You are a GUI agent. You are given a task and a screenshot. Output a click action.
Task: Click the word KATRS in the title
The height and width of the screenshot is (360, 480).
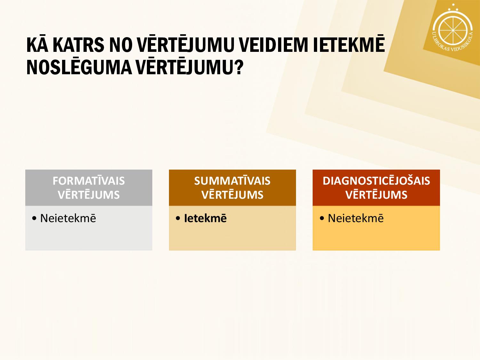coord(78,45)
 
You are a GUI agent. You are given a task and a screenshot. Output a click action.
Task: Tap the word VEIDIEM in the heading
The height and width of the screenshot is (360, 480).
coord(273,45)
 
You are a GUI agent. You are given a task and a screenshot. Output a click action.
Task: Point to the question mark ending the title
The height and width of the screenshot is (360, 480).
coord(240,67)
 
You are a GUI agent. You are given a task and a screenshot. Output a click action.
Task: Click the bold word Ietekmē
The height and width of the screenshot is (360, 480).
coord(205,218)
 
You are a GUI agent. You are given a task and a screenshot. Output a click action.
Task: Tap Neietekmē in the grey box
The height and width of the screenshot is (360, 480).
coord(68,218)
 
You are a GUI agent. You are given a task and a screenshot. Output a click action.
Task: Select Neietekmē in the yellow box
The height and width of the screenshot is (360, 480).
coord(356,218)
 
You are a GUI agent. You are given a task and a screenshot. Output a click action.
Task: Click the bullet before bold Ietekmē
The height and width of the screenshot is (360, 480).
coord(178,218)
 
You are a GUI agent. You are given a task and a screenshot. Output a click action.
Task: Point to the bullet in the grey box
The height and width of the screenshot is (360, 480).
coord(34,218)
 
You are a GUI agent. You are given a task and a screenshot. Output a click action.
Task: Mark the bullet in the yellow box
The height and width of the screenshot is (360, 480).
coord(322,218)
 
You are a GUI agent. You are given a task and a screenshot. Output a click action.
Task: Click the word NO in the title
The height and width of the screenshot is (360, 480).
coord(121,45)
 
